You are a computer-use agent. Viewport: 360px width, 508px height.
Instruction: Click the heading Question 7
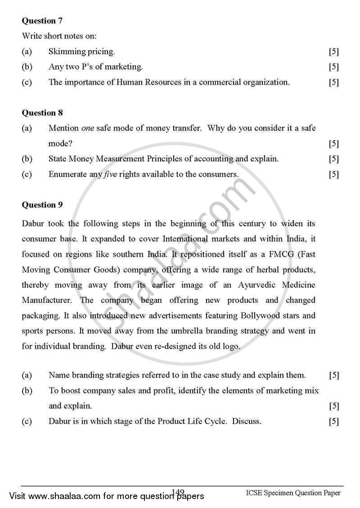coord(42,21)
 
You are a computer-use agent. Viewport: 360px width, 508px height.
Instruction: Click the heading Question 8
coord(42,113)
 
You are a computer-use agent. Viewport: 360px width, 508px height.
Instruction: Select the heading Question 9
coord(42,205)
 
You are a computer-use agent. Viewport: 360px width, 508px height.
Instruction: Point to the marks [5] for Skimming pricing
coord(333,52)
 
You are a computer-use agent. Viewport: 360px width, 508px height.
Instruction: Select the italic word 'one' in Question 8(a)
coord(87,128)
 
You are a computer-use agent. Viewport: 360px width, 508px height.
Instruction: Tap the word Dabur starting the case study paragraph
coord(32,223)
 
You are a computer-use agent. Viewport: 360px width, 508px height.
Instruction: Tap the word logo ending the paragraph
coord(230,346)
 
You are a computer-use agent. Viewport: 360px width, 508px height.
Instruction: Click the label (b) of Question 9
coord(27,391)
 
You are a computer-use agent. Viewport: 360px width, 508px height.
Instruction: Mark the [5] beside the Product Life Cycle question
coord(333,422)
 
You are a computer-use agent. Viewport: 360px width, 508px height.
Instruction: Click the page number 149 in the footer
coord(178,493)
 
